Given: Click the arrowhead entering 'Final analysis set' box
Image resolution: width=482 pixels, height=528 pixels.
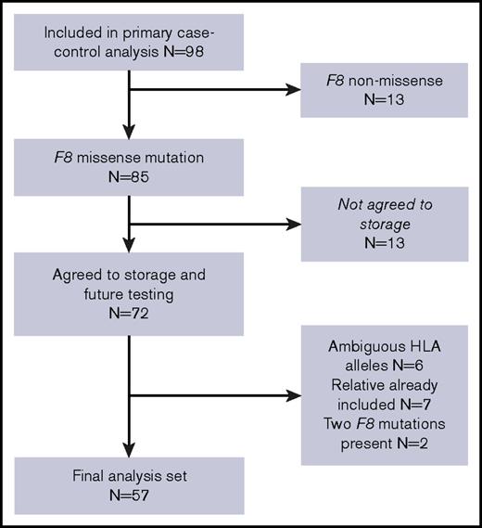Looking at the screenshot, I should coord(130,450).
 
